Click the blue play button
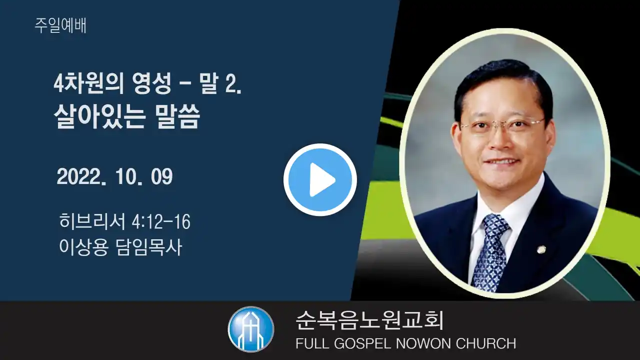pos(320,179)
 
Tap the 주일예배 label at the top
pos(60,25)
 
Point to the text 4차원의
pos(89,83)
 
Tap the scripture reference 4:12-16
pos(161,221)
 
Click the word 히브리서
pos(92,221)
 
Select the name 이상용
pos(84,247)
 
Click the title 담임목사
pos(149,247)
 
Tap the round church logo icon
pos(251,329)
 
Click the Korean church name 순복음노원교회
pos(369,320)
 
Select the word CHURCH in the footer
pos(486,343)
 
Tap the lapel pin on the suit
pos(541,250)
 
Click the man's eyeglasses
pos(503,126)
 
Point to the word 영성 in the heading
pos(151,83)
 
